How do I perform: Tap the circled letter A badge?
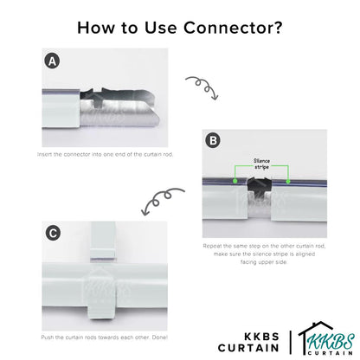click(x=52, y=61)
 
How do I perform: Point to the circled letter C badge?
click(x=52, y=232)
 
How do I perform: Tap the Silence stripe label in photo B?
click(x=261, y=164)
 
